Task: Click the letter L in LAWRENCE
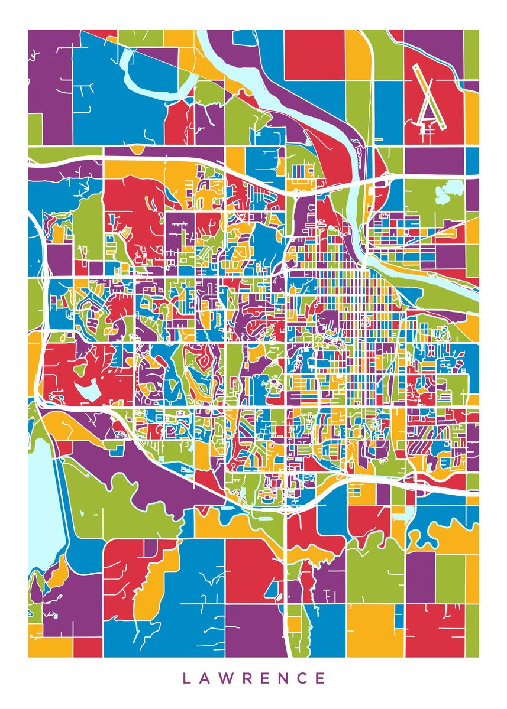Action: pyautogui.click(x=186, y=678)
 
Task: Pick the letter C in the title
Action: pyautogui.click(x=302, y=678)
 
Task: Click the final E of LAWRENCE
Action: pyautogui.click(x=321, y=678)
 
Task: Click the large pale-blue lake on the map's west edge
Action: pyautogui.click(x=44, y=502)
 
